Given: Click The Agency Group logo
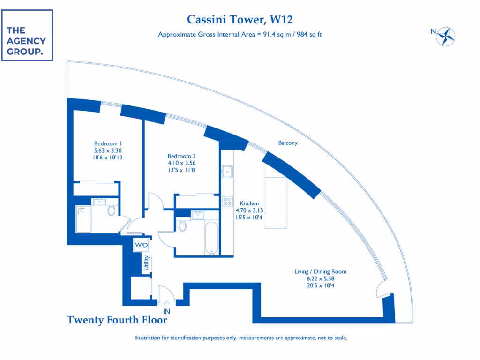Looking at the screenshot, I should [27, 35].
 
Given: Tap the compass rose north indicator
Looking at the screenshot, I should [446, 36].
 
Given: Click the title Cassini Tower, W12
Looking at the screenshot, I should [240, 19].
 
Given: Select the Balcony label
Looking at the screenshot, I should [287, 143].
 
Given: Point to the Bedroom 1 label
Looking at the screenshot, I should [108, 143].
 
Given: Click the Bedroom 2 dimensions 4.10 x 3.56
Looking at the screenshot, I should [181, 163].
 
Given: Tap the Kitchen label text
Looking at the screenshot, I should [249, 203].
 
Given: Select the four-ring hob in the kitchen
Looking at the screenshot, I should [227, 202].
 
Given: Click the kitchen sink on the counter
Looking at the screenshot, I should [228, 172].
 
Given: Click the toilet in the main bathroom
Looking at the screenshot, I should [183, 226].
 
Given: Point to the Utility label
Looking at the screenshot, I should [146, 263].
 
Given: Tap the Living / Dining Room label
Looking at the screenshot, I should [320, 271].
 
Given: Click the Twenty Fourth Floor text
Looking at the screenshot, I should [117, 320].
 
